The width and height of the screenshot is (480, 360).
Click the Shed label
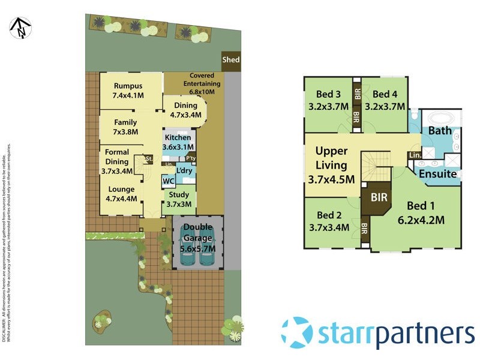click(x=231, y=59)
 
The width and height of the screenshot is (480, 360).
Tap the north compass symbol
click(x=19, y=28)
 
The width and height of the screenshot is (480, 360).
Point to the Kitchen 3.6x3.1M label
click(x=178, y=142)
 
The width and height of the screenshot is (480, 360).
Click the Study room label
click(x=178, y=199)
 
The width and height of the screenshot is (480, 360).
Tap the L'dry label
click(x=184, y=171)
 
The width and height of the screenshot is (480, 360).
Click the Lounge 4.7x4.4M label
click(x=121, y=194)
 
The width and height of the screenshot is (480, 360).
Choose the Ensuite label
click(x=437, y=174)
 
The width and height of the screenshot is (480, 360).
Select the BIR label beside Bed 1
click(x=379, y=196)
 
